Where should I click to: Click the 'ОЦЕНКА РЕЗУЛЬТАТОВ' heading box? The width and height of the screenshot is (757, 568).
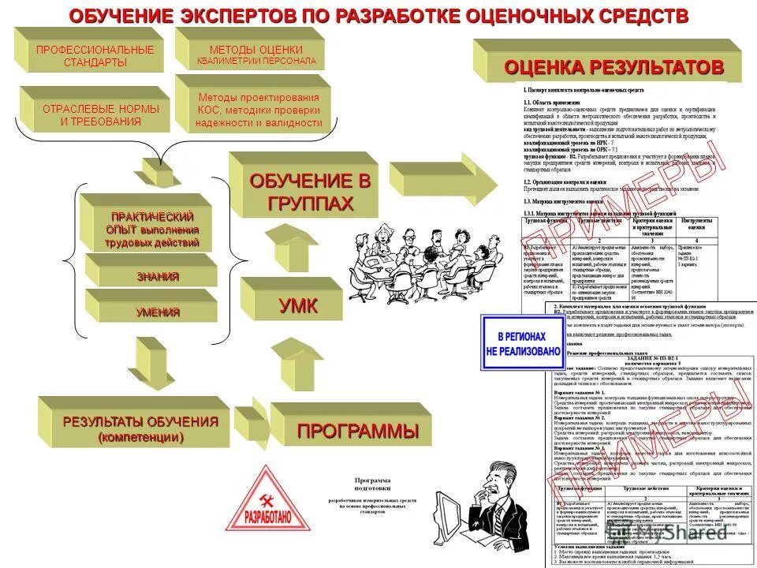click(x=613, y=67)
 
